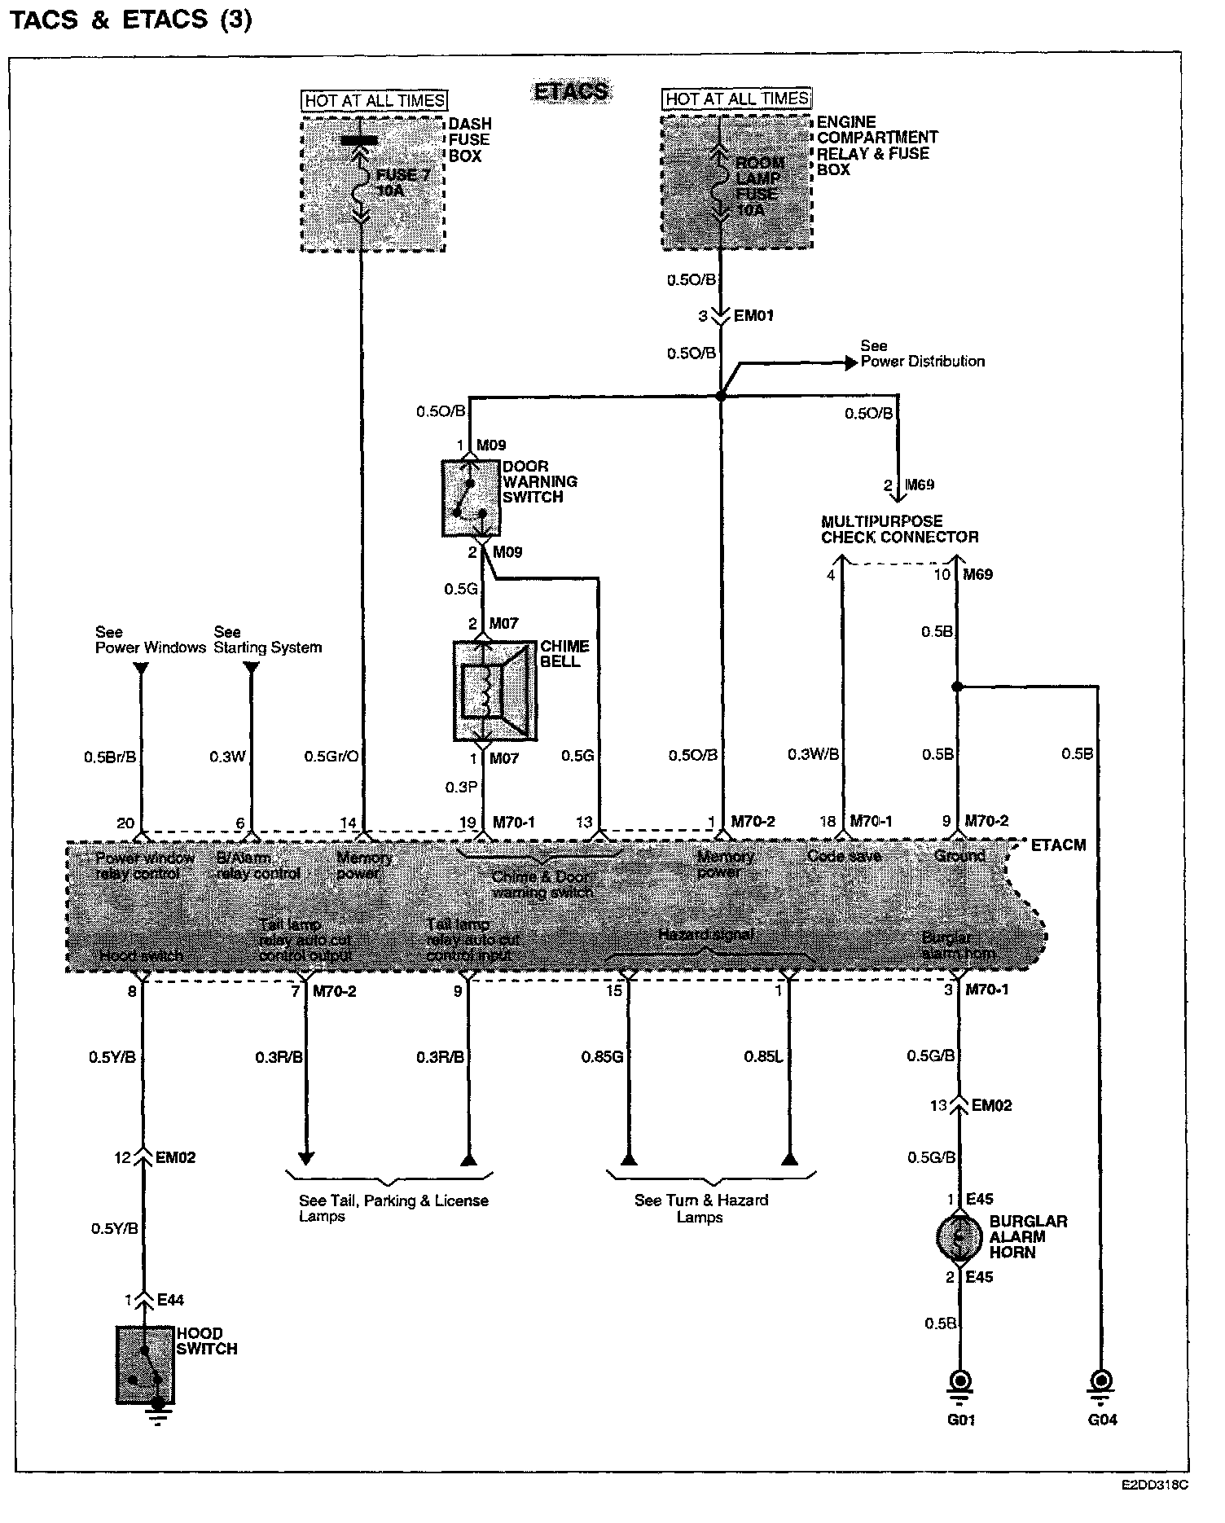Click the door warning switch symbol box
471,498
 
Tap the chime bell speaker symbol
494,691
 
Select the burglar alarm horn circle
959,1237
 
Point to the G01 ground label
961,1420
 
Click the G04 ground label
1102,1420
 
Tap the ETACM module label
1058,845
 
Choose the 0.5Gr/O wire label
331,757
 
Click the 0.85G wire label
602,1057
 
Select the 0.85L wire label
763,1057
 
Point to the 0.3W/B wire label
813,755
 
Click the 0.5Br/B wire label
110,757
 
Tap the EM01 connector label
753,316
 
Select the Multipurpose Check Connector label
899,529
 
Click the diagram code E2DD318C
1154,1485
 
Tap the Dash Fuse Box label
470,139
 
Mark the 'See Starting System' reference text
267,640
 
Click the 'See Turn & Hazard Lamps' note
700,1209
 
